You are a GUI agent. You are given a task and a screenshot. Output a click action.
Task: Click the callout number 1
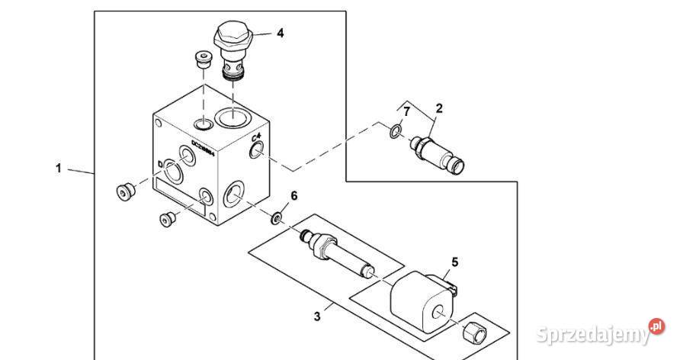pyautogui.click(x=59, y=168)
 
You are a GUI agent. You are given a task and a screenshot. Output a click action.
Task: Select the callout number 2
pyautogui.click(x=438, y=108)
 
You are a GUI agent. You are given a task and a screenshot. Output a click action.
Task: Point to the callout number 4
pyautogui.click(x=280, y=34)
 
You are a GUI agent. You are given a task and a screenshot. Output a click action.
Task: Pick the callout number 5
pyautogui.click(x=454, y=262)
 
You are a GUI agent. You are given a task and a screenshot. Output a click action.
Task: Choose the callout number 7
pyautogui.click(x=407, y=112)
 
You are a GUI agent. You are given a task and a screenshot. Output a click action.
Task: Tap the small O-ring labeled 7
pyautogui.click(x=393, y=132)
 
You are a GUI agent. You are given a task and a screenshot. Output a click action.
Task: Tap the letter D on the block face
pyautogui.click(x=159, y=165)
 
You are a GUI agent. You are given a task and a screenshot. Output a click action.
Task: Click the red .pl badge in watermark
pyautogui.click(x=656, y=327)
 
